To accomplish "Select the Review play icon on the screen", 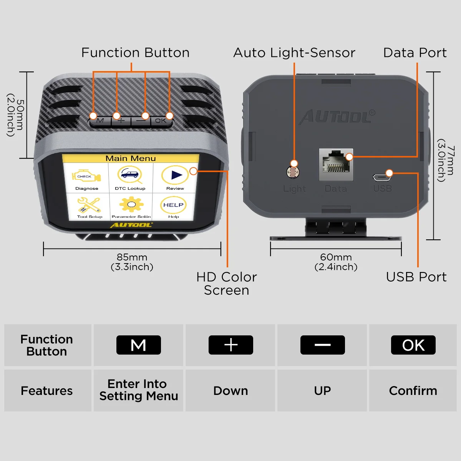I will click(175, 175).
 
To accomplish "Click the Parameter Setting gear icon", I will click(131, 204).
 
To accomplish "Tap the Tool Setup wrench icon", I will click(89, 205).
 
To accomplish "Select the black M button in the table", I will click(138, 345).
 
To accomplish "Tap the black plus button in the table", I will click(230, 345).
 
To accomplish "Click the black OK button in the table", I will click(413, 345).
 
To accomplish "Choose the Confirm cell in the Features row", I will click(413, 391).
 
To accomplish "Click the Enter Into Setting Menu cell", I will click(138, 390).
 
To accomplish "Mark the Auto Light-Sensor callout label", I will click(294, 53).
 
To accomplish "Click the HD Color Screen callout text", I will click(226, 284).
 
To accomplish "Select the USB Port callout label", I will click(416, 277).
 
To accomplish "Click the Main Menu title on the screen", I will click(131, 158).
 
